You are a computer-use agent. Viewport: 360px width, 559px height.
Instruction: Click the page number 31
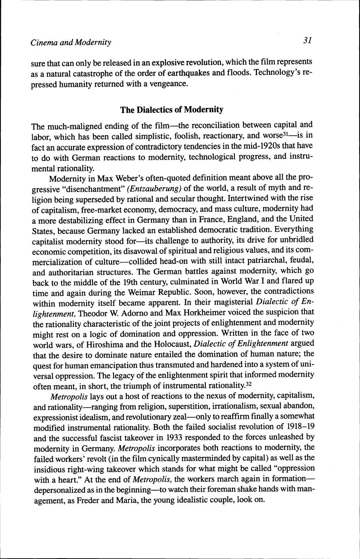[306, 41]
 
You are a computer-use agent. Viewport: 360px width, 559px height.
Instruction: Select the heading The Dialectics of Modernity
[172, 110]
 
